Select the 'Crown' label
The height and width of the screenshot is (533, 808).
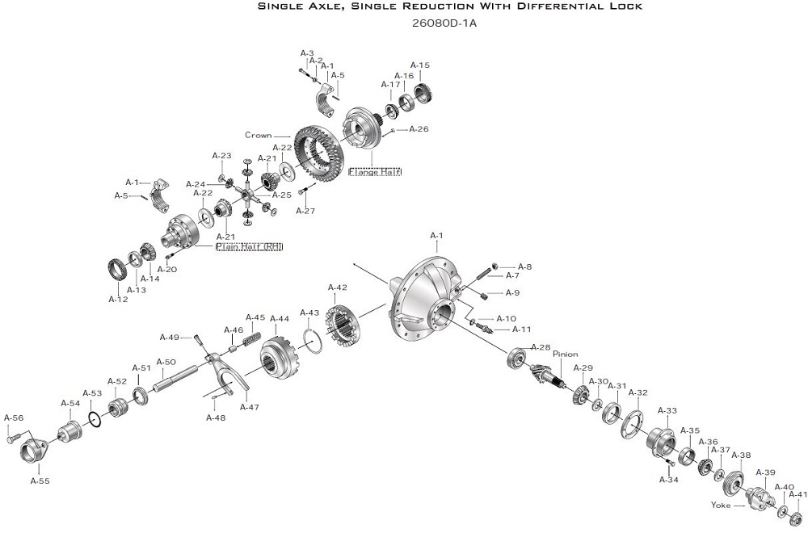259,135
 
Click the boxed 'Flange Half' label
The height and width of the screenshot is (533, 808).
374,171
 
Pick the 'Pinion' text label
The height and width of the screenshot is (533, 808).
566,354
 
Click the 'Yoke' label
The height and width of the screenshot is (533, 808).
722,506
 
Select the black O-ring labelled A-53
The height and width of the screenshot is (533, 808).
94,418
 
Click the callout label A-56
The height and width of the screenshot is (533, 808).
14,418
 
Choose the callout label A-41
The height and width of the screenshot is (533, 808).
797,494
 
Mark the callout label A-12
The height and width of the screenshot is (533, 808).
118,299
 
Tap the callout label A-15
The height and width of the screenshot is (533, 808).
420,65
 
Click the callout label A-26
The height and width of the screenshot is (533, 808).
419,128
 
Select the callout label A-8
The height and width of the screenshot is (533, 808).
524,266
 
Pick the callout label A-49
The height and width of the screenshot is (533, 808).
169,337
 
